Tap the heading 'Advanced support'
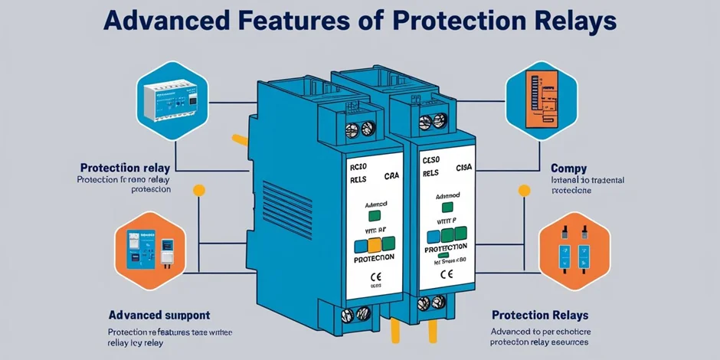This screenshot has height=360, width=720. pyautogui.click(x=159, y=315)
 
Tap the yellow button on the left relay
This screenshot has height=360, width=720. pyautogui.click(x=375, y=246)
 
